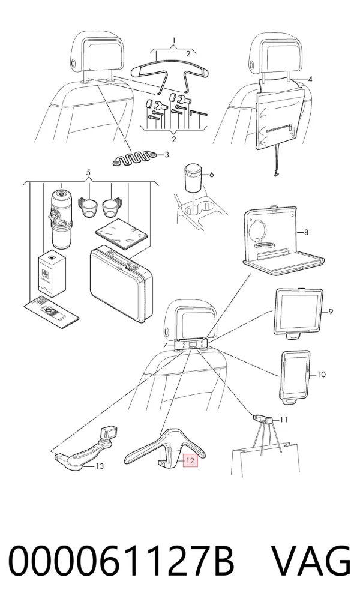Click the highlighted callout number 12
point(190,460)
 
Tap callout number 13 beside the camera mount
point(100,466)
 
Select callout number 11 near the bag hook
point(283,420)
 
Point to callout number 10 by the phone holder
point(321,375)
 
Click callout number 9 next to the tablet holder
point(331,312)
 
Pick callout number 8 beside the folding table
point(306,233)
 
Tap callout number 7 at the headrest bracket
point(165,345)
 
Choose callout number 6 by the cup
point(211,175)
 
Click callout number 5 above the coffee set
point(88,172)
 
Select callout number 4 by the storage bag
point(310,79)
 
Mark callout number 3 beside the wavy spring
point(167,155)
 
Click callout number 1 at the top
point(174,41)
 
